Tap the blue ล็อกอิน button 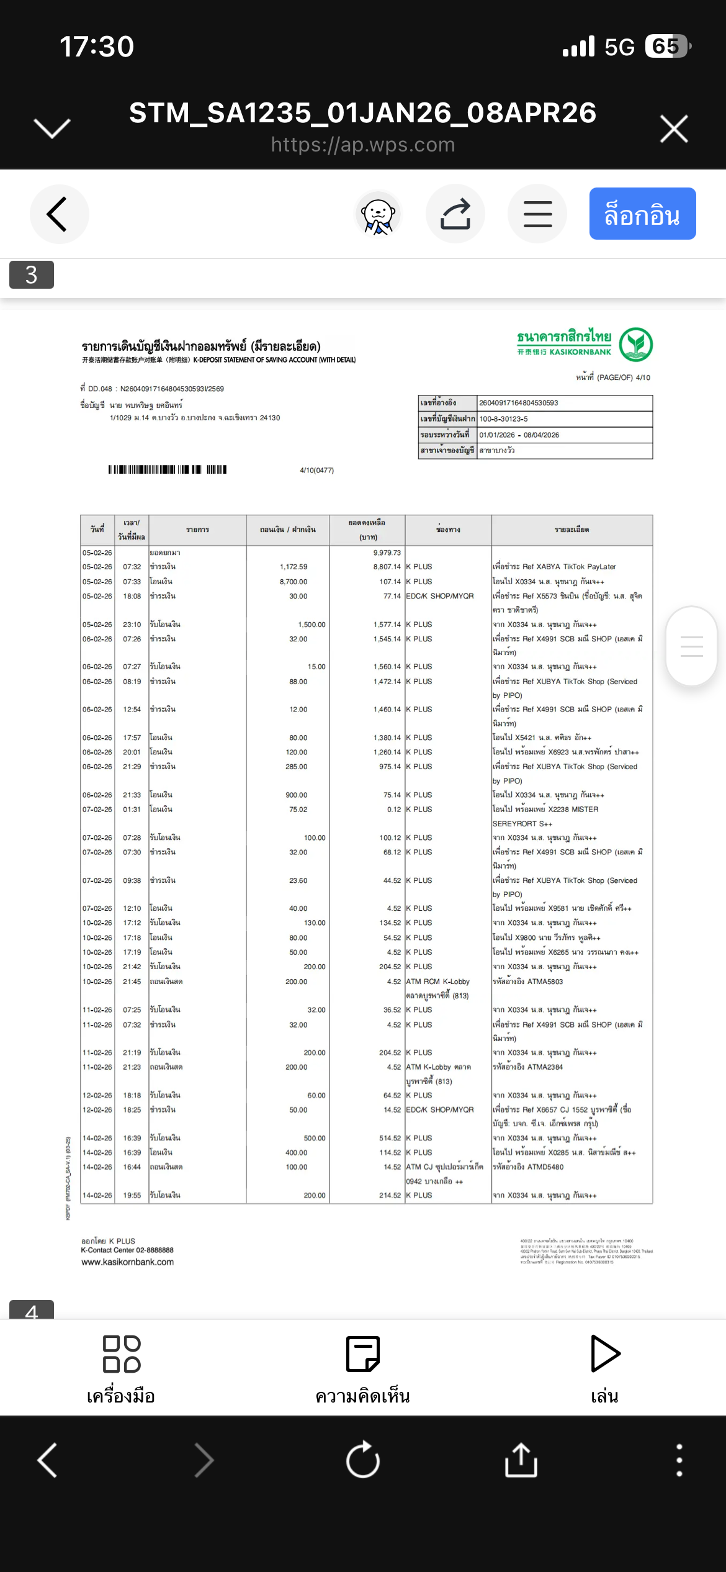tap(642, 214)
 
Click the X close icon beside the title tap(674, 129)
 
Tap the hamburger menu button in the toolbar tap(537, 214)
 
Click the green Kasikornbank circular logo tap(636, 345)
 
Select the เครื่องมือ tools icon tap(122, 1354)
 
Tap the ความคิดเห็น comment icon tap(362, 1354)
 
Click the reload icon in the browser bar tap(363, 1460)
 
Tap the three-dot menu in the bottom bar tap(679, 1460)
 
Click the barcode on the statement tap(168, 469)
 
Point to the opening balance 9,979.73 tap(387, 553)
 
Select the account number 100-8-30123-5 tap(503, 419)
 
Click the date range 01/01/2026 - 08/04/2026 tap(519, 435)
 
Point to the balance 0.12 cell tap(393, 810)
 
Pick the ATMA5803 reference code tap(545, 982)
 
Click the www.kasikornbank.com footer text tap(128, 1262)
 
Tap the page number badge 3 tap(32, 274)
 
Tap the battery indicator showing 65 tap(666, 47)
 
